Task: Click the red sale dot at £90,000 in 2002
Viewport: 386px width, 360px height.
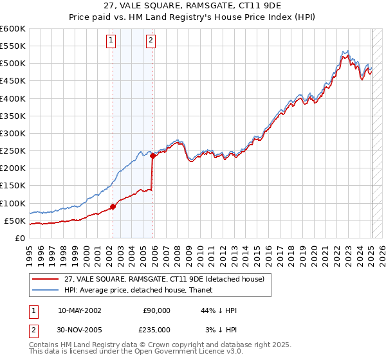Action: pyautogui.click(x=113, y=206)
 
